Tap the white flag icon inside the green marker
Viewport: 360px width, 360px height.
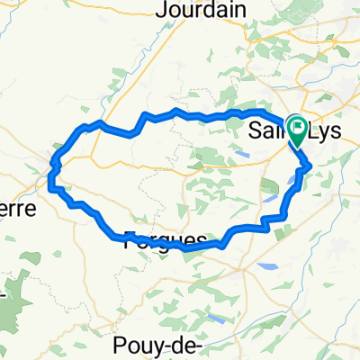click(x=297, y=125)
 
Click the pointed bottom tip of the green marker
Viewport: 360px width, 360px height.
click(x=297, y=147)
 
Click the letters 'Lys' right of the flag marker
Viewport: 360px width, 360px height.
click(x=325, y=132)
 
